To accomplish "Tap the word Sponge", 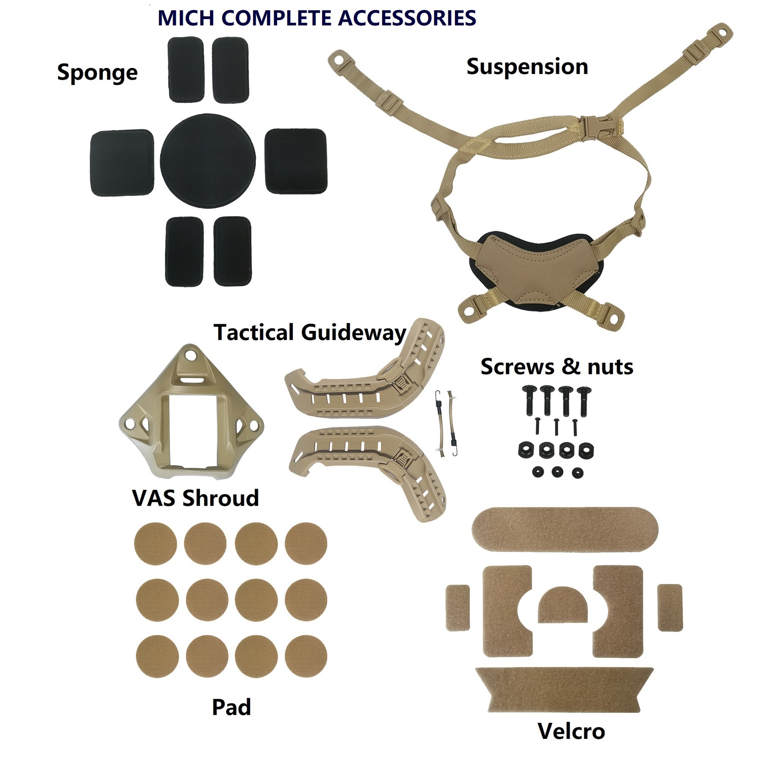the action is pyautogui.click(x=97, y=73).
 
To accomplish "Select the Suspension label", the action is pyautogui.click(x=527, y=66).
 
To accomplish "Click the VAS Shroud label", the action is pyautogui.click(x=196, y=498).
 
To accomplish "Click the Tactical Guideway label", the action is pyautogui.click(x=310, y=332).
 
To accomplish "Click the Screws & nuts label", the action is pyautogui.click(x=557, y=367).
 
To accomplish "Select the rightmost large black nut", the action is pyautogui.click(x=586, y=450).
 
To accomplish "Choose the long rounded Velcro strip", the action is pyautogui.click(x=565, y=530).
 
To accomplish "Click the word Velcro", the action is pyautogui.click(x=571, y=731).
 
